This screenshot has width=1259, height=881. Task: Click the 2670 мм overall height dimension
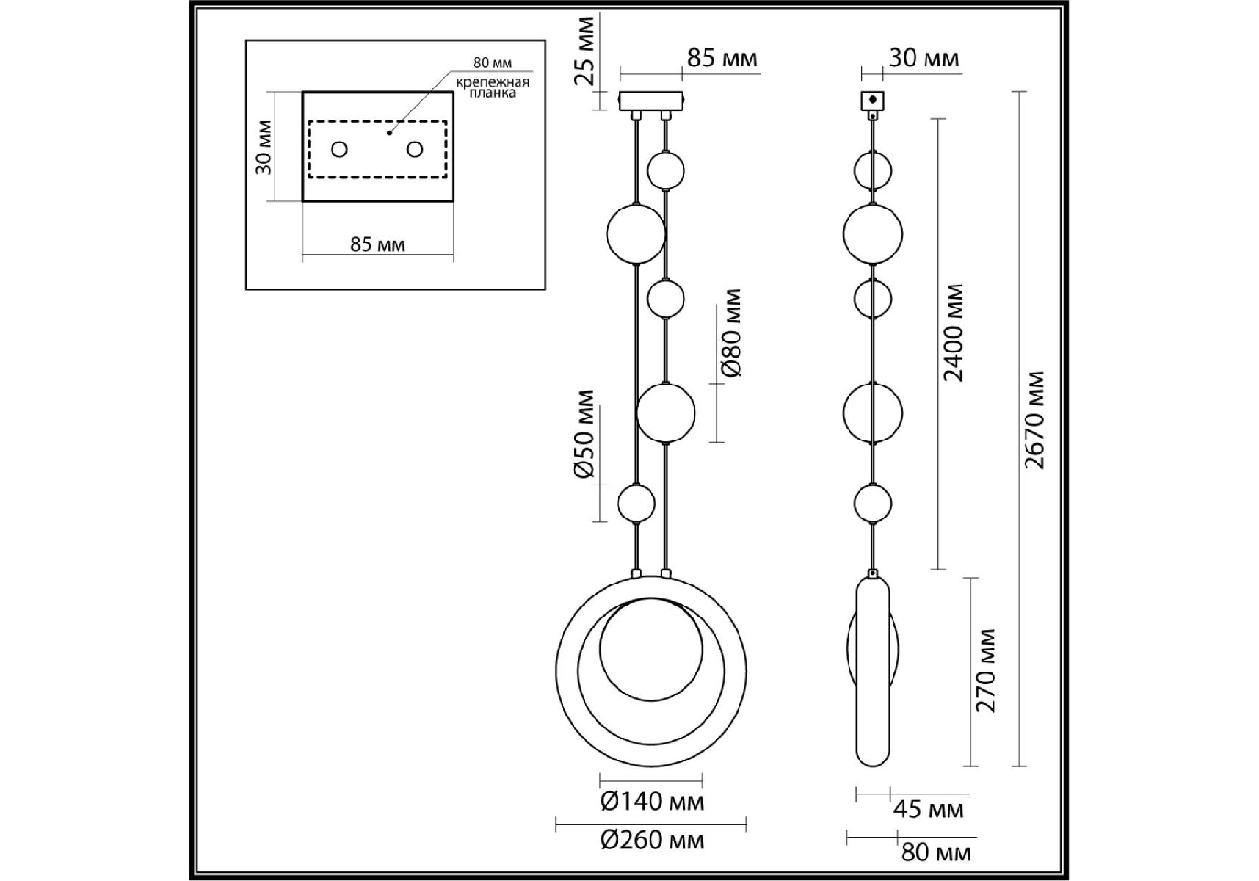1034,420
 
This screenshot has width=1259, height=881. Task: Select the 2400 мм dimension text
954,333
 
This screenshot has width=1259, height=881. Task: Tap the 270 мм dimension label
986,670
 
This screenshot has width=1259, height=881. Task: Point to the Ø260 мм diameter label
652,840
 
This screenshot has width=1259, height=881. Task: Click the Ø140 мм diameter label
652,802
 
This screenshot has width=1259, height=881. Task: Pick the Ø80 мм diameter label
732,333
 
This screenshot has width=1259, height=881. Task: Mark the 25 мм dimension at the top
585,50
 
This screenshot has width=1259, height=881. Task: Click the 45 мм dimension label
928,810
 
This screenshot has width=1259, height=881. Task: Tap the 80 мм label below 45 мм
936,852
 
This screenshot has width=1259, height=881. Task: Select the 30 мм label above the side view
924,58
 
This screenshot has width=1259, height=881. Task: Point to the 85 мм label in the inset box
377,244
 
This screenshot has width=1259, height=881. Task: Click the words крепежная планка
492,87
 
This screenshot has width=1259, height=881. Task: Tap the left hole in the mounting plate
339,150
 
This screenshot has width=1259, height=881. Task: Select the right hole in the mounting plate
415,150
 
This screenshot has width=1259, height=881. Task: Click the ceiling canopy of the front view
651,101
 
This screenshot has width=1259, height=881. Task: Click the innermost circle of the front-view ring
650,648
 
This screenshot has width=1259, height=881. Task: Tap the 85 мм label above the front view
722,58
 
